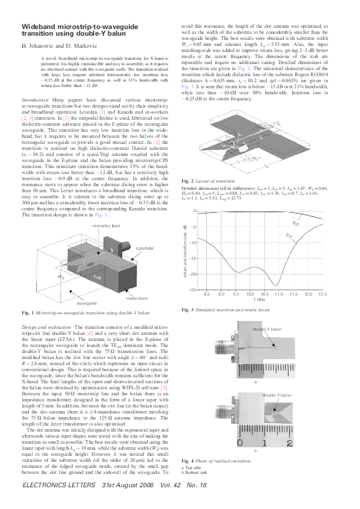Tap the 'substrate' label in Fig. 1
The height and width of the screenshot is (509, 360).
(x=145, y=248)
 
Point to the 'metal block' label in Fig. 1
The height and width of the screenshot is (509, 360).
(x=139, y=299)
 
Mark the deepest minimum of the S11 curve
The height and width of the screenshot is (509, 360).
(x=276, y=285)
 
